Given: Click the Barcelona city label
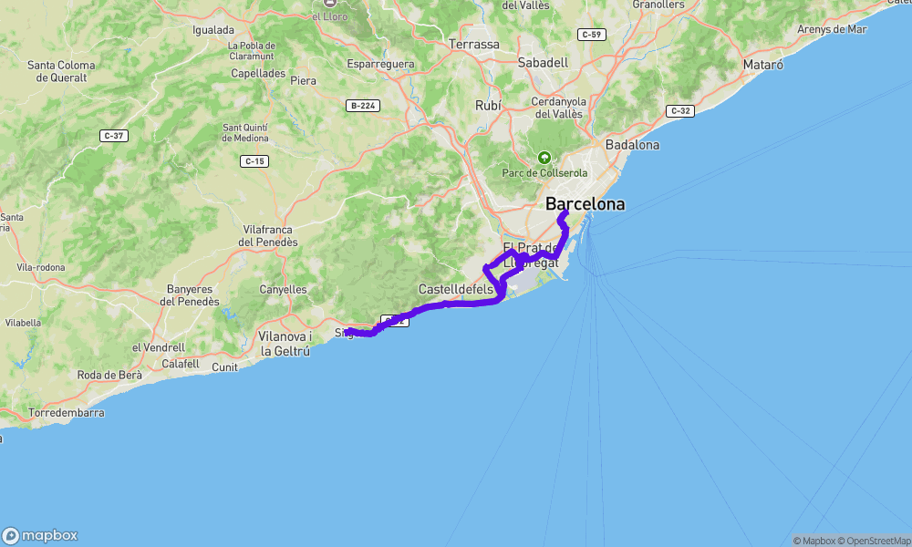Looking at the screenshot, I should pyautogui.click(x=585, y=204).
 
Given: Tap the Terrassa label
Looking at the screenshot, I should pyautogui.click(x=474, y=44).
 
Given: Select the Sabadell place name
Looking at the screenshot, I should pyautogui.click(x=543, y=63).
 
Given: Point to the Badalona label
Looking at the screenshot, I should pyautogui.click(x=632, y=145).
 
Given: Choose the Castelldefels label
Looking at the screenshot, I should pyautogui.click(x=456, y=289).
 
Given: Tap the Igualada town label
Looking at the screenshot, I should pyautogui.click(x=213, y=29).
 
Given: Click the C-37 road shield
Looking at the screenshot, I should pyautogui.click(x=113, y=136).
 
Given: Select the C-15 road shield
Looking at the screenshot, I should pyautogui.click(x=254, y=161).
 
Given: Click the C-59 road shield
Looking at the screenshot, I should pyautogui.click(x=591, y=35).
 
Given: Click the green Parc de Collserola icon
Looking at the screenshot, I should pyautogui.click(x=544, y=157).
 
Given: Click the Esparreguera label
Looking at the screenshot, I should pyautogui.click(x=380, y=64).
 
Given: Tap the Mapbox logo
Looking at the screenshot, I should pyautogui.click(x=40, y=535).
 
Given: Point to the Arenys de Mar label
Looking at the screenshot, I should pyautogui.click(x=832, y=29).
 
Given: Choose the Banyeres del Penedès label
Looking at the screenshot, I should pyautogui.click(x=192, y=295).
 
